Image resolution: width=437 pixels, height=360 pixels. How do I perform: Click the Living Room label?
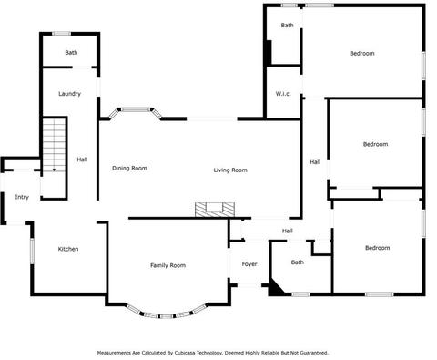tap(230, 170)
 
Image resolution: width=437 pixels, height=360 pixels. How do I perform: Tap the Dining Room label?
tap(129, 168)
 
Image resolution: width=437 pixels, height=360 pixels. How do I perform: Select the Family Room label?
tap(168, 265)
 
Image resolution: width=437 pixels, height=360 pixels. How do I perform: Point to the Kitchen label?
tap(68, 249)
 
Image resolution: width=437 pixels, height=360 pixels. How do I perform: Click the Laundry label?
tap(69, 94)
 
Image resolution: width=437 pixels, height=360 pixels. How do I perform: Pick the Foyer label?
tap(249, 264)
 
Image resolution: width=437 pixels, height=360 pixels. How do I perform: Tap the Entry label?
tap(22, 197)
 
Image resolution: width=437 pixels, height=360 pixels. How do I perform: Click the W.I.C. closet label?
tap(283, 94)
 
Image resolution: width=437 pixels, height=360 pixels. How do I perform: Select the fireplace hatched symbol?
tap(215, 210)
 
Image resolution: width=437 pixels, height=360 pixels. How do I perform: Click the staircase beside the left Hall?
tap(55, 145)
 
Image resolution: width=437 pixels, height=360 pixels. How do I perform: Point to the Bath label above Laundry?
tap(71, 53)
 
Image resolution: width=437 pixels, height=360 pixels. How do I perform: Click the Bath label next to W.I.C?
tap(287, 26)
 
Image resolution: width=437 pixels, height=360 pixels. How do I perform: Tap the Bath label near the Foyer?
tap(298, 262)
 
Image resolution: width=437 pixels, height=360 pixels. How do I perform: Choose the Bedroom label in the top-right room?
tap(362, 54)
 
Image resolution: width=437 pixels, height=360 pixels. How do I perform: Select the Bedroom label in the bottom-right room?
tap(377, 248)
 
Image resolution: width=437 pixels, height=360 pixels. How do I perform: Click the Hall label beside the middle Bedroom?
tap(315, 162)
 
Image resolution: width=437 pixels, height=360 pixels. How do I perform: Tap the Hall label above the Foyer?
tap(288, 231)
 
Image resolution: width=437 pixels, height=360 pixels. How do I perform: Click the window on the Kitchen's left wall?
tap(32, 251)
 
